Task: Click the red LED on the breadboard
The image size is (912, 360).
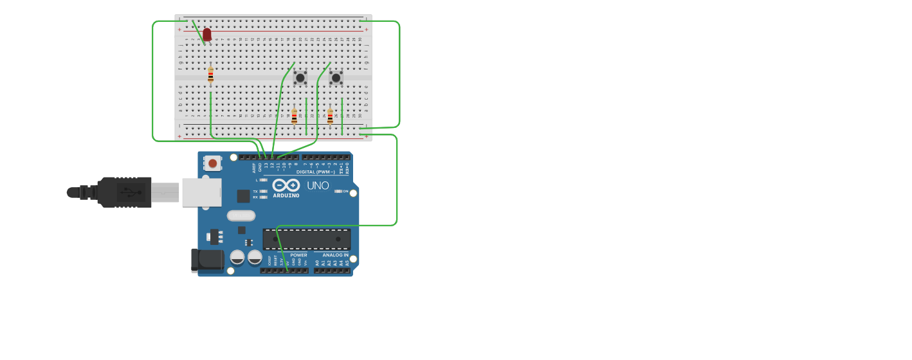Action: tap(206, 34)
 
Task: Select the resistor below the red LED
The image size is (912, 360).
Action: tap(210, 76)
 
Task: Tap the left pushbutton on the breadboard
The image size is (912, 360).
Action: tap(300, 78)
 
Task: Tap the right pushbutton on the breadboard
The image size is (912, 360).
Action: tap(336, 78)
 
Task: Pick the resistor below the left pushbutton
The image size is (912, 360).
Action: tap(295, 116)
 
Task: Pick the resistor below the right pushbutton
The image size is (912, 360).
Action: tap(330, 116)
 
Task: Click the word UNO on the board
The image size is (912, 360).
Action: tap(318, 186)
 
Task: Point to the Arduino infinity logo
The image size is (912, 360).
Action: tap(286, 185)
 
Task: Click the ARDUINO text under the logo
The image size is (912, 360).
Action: tap(286, 195)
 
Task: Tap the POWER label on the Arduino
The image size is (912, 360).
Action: tap(298, 255)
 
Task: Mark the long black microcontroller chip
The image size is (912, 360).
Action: tap(307, 239)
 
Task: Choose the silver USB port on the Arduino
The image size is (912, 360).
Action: tap(201, 192)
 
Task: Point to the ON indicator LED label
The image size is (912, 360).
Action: tap(345, 192)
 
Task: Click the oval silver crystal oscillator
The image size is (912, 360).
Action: tap(241, 215)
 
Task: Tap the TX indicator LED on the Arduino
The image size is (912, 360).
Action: tap(263, 192)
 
